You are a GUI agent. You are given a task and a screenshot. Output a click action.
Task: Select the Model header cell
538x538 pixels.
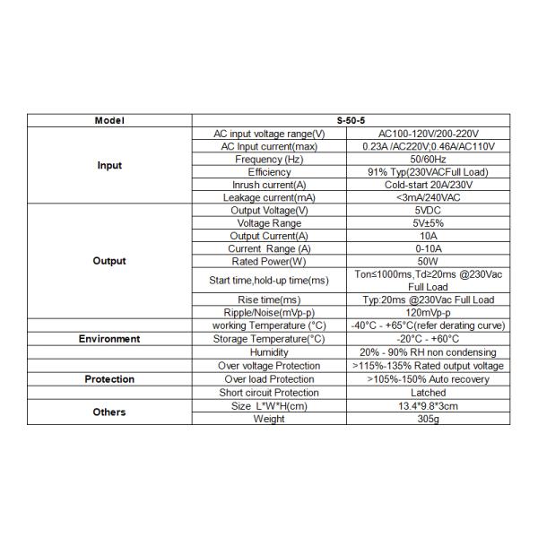pyautogui.click(x=109, y=120)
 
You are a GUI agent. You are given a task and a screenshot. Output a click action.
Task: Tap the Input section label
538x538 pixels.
pyautogui.click(x=109, y=166)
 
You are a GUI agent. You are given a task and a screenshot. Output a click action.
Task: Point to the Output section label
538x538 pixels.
pyautogui.click(x=109, y=261)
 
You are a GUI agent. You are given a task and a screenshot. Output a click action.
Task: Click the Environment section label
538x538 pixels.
pyautogui.click(x=109, y=339)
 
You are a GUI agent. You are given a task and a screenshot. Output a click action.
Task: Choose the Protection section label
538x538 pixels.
pyautogui.click(x=109, y=379)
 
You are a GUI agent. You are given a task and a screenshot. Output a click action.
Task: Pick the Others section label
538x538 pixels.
pyautogui.click(x=109, y=412)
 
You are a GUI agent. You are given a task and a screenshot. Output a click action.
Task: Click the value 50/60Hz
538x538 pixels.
pyautogui.click(x=428, y=159)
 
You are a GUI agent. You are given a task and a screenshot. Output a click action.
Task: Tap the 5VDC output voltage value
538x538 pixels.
pyautogui.click(x=428, y=210)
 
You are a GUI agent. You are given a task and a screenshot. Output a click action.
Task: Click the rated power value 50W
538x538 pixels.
pyautogui.click(x=428, y=261)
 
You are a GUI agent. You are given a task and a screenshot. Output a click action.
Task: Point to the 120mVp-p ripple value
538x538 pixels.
pyautogui.click(x=428, y=312)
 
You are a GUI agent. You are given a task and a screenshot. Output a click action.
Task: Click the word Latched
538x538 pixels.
pyautogui.click(x=428, y=393)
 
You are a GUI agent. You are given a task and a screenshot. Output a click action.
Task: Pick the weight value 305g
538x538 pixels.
pyautogui.click(x=428, y=419)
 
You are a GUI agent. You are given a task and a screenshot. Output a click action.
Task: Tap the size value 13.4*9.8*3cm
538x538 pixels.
pyautogui.click(x=428, y=406)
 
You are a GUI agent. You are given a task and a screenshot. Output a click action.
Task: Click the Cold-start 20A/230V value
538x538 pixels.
pyautogui.click(x=428, y=185)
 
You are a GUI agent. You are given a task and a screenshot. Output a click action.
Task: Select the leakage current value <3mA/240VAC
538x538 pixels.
pyautogui.click(x=428, y=197)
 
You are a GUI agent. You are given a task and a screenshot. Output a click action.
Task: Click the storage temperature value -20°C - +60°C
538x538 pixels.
pyautogui.click(x=428, y=339)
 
